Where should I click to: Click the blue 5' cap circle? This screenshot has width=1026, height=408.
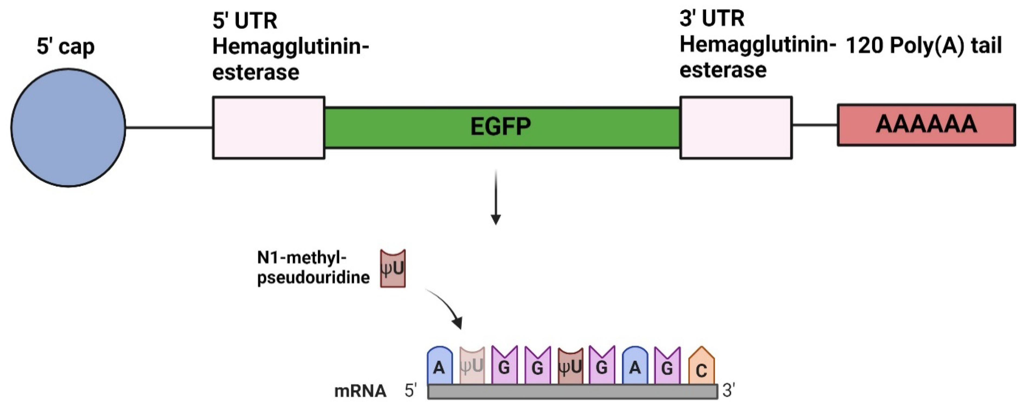68,128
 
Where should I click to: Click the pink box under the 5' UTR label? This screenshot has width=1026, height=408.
268,128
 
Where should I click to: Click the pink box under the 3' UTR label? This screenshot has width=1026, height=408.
736,128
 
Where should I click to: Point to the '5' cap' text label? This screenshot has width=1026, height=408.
66,47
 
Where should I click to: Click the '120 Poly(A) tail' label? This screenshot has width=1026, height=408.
923,45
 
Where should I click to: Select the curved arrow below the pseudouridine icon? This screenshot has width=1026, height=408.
448,307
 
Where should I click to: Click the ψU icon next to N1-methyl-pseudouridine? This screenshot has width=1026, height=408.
393,268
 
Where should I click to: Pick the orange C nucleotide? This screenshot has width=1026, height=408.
701,367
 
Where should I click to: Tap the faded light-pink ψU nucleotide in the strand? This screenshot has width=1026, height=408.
472,366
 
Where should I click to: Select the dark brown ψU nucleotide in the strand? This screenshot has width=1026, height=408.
570,366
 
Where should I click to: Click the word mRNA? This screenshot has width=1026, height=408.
360,391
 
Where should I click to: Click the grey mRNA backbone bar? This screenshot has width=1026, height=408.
572,392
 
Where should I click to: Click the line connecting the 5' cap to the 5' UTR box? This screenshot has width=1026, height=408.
169,128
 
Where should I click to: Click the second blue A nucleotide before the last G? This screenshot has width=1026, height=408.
635,366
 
